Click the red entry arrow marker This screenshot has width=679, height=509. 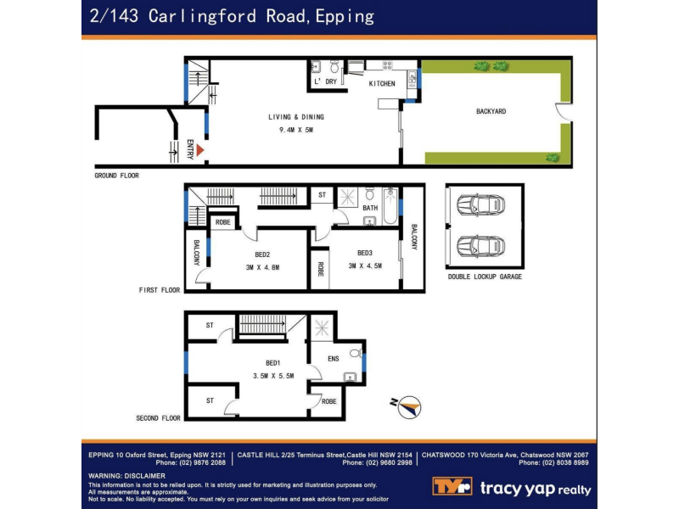coord(199,150)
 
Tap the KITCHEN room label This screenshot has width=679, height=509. coord(382,83)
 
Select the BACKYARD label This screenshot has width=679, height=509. coord(491,111)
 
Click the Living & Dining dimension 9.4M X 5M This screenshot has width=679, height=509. coord(296,130)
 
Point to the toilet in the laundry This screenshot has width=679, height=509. coord(334,67)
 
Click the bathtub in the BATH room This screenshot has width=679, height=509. coord(390,205)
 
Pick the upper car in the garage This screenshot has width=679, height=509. coord(480,204)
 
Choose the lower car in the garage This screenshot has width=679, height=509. coord(480,246)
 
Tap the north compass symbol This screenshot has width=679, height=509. coord(408,407)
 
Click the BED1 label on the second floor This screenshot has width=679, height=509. coord(273,363)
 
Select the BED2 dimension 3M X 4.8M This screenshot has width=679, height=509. coord(262,267)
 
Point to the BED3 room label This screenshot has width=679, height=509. coord(365,253)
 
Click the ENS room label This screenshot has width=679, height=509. coord(334,358)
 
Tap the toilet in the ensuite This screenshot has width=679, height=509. coord(356,353)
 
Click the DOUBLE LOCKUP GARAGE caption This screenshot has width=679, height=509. coord(485,277)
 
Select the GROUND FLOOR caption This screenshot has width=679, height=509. coord(116,176)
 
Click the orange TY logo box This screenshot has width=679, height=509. coord(452,486)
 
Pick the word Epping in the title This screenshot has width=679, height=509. coord(345,16)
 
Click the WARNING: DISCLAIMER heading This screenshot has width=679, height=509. coord(126,476)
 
